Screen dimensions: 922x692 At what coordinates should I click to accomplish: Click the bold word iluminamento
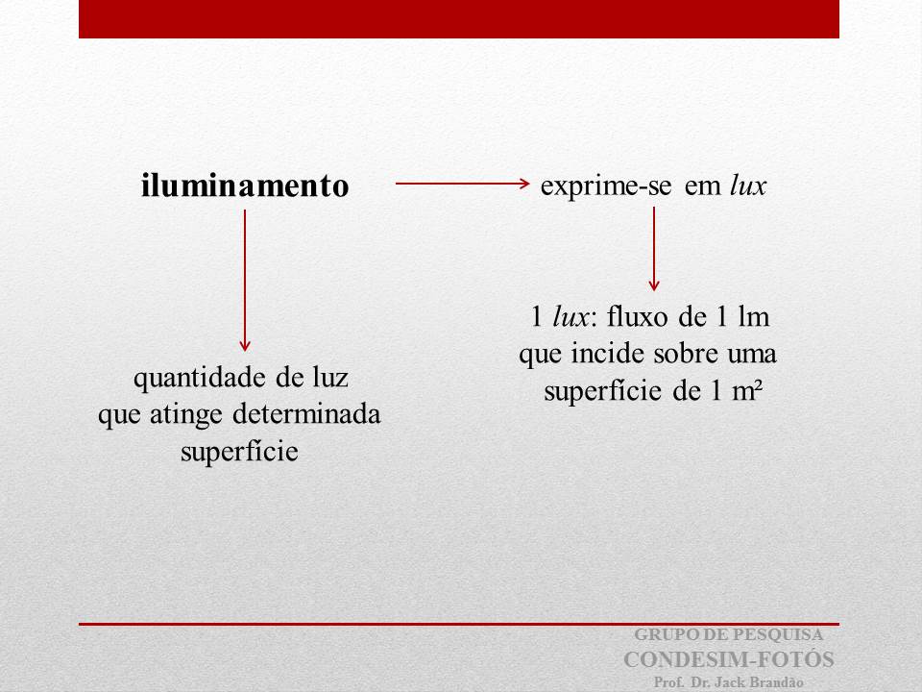tap(245, 185)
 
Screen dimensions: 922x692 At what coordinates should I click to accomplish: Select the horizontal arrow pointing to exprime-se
tap(463, 184)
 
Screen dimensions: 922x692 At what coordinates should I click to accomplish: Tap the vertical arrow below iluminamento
tap(245, 280)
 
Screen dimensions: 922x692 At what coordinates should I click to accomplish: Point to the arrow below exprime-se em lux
tap(654, 248)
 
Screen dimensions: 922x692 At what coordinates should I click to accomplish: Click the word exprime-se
tap(606, 185)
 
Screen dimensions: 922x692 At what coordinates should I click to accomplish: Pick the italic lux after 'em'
tap(748, 185)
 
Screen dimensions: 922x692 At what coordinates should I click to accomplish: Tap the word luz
tap(330, 377)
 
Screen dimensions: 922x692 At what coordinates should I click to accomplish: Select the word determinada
tap(307, 413)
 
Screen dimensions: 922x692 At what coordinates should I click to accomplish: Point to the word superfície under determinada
tap(239, 453)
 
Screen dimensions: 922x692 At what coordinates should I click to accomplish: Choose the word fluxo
tap(638, 316)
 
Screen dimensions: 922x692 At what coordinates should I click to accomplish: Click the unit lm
tap(754, 316)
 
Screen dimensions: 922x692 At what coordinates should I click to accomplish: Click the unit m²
tap(747, 391)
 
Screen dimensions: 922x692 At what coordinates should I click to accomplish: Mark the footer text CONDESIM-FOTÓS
tap(729, 659)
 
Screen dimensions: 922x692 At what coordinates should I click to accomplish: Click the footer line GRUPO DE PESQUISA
tap(729, 634)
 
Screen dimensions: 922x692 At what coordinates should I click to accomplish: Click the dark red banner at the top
tap(459, 19)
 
